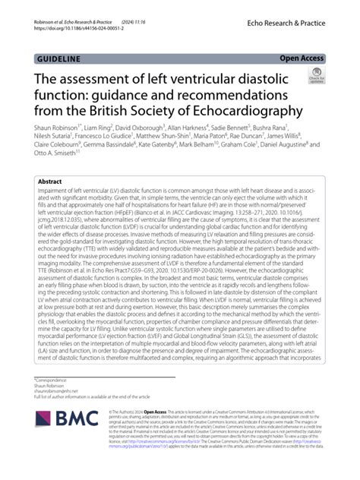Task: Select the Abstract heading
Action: [50, 182]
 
